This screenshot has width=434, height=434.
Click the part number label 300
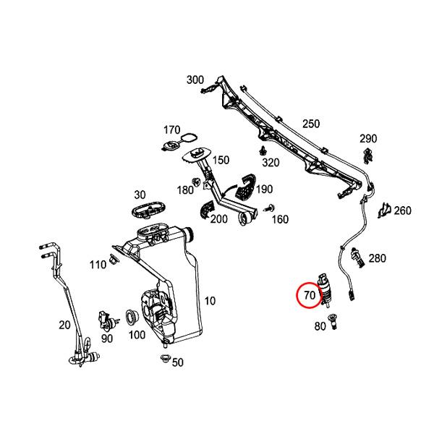click(195, 80)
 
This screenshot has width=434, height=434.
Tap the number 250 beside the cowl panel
click(310, 124)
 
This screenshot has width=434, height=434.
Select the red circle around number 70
click(309, 295)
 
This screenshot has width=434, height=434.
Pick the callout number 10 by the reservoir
click(210, 300)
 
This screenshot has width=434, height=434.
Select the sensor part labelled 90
click(106, 318)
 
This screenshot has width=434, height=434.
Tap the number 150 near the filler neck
click(220, 161)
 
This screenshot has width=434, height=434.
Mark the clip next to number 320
click(261, 150)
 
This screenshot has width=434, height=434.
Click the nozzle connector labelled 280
click(355, 254)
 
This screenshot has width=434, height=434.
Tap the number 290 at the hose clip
click(368, 138)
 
